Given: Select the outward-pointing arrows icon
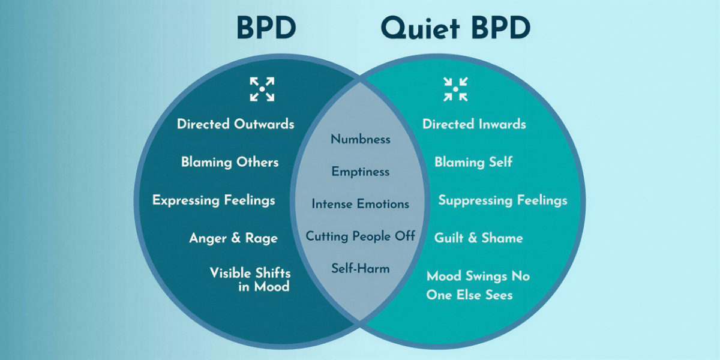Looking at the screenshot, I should pyautogui.click(x=262, y=89).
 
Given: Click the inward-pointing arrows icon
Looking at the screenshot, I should pyautogui.click(x=455, y=89).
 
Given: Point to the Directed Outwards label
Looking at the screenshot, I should pyautogui.click(x=235, y=124).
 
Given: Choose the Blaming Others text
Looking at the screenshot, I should pyautogui.click(x=230, y=162).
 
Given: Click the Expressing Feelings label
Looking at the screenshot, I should pyautogui.click(x=214, y=200).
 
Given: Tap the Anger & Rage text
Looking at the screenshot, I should pyautogui.click(x=233, y=238).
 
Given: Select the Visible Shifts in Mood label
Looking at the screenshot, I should pyautogui.click(x=250, y=280).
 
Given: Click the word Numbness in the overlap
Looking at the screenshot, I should pyautogui.click(x=360, y=139).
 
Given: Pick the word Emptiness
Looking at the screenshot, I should pyautogui.click(x=360, y=172).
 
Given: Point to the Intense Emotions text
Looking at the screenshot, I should pyautogui.click(x=360, y=204).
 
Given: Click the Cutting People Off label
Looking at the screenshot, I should pyautogui.click(x=360, y=236).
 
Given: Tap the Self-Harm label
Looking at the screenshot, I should pyautogui.click(x=360, y=268).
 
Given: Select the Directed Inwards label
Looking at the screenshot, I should pyautogui.click(x=474, y=124).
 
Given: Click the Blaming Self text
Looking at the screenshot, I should pyautogui.click(x=473, y=162).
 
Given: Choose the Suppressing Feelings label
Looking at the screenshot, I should pyautogui.click(x=502, y=200).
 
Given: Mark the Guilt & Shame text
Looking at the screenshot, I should pyautogui.click(x=478, y=238).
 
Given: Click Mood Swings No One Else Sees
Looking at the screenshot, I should pyautogui.click(x=478, y=285).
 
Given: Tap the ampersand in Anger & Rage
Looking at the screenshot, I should pyautogui.click(x=236, y=238).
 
